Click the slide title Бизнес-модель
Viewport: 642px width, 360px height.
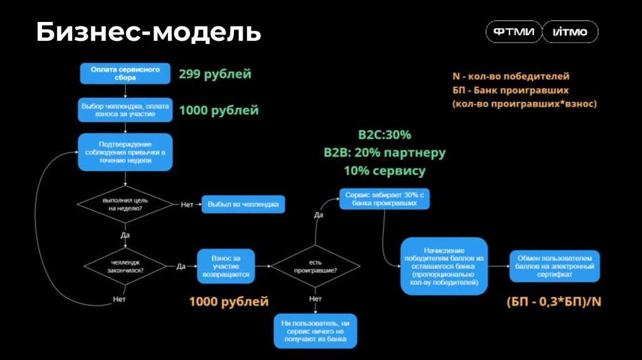(148, 33)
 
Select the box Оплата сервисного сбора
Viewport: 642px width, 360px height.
(125, 73)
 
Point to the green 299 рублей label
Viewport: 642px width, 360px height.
(215, 74)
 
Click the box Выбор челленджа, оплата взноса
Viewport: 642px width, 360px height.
(125, 110)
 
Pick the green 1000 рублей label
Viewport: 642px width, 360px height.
(219, 110)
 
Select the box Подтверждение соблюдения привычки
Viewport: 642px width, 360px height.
(125, 152)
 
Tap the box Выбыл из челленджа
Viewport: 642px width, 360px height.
(243, 204)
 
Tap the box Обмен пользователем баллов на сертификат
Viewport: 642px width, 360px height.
(554, 266)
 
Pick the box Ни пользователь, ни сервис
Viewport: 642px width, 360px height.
(315, 331)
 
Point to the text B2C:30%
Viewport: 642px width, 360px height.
(385, 135)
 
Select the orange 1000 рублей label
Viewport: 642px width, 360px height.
(229, 302)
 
